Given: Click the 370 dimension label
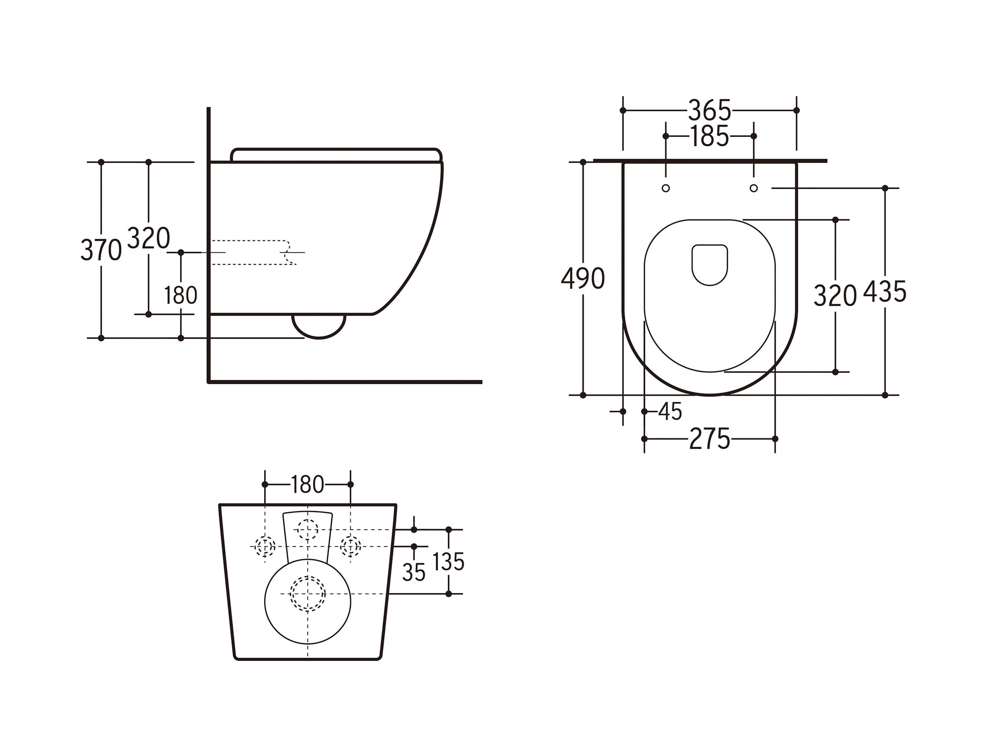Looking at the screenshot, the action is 101,250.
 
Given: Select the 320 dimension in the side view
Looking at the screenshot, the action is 148,238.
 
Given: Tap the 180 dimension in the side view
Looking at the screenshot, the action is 181,295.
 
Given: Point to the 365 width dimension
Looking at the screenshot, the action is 709,110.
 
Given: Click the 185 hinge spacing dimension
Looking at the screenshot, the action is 709,136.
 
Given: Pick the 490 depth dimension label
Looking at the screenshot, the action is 583,279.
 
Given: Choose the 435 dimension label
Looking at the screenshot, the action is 885,292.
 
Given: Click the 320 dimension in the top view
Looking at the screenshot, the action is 835,296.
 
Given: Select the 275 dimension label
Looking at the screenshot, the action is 710,439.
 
